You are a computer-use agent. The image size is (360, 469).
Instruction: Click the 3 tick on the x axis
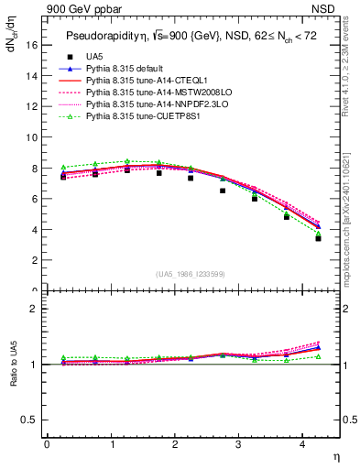[x=239, y=445]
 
